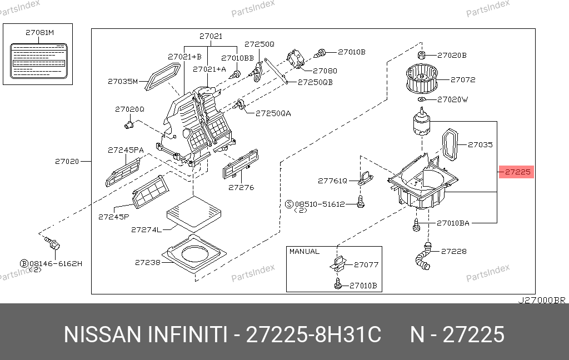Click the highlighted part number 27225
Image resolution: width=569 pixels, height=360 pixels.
(517, 172)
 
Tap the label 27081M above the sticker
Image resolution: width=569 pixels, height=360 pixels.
(39, 32)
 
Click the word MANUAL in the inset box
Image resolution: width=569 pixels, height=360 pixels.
(304, 252)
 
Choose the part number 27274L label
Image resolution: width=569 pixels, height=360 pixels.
(146, 229)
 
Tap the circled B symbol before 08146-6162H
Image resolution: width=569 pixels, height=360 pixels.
(24, 263)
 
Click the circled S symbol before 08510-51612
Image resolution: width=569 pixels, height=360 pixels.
(289, 204)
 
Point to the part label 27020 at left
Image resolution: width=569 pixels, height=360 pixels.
(67, 162)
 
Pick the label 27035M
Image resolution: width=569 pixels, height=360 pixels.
(122, 81)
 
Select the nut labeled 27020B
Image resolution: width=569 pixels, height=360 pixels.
(421, 55)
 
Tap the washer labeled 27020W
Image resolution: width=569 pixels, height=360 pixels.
(422, 99)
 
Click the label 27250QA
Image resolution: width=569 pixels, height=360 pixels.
(273, 113)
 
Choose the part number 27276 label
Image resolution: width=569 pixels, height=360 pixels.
(241, 187)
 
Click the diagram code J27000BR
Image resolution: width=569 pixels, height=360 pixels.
(541, 300)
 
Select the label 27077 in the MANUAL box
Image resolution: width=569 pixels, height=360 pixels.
(366, 264)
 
